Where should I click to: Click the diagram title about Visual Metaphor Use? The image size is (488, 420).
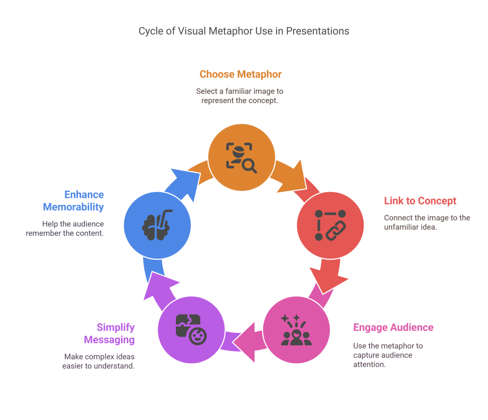244,31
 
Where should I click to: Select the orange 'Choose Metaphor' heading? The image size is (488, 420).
240,74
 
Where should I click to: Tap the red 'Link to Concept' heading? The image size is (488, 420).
420,201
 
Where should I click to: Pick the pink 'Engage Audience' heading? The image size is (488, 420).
393,328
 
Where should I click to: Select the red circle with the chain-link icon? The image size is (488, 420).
330,225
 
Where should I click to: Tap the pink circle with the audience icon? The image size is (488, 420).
296,329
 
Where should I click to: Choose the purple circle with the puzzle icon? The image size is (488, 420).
191,329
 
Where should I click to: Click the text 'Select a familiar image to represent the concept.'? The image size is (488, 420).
240,96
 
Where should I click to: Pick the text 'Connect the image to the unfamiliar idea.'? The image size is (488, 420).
427,223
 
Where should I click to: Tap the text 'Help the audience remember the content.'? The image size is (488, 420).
72,228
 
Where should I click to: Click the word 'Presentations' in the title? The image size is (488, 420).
317,31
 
